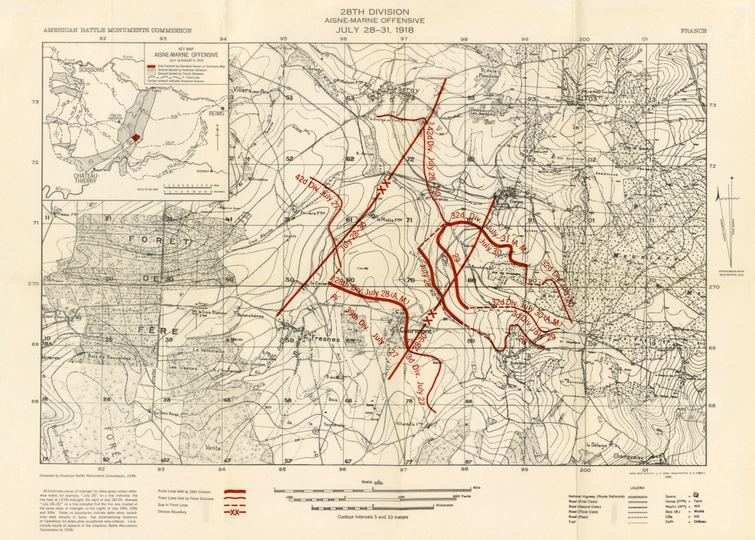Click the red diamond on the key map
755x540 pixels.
click(x=136, y=137)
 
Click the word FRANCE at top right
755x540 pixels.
click(x=693, y=31)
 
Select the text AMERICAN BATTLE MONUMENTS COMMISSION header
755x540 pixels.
click(x=117, y=31)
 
